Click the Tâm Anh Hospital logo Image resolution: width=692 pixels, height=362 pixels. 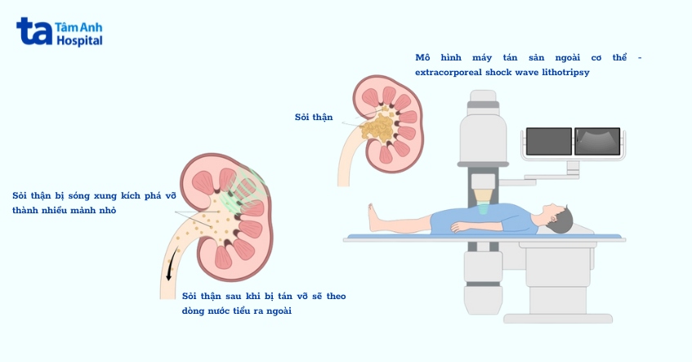(x=59, y=32)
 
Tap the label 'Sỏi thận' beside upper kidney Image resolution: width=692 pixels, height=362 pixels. (x=314, y=118)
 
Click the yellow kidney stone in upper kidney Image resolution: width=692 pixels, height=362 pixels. (x=377, y=126)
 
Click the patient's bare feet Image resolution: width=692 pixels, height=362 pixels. (x=374, y=217)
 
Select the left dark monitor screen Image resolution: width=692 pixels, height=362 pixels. (x=548, y=141)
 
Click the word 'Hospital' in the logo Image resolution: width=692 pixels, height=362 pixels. (x=79, y=40)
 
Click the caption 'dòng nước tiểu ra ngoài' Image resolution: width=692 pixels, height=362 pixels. (x=237, y=311)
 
